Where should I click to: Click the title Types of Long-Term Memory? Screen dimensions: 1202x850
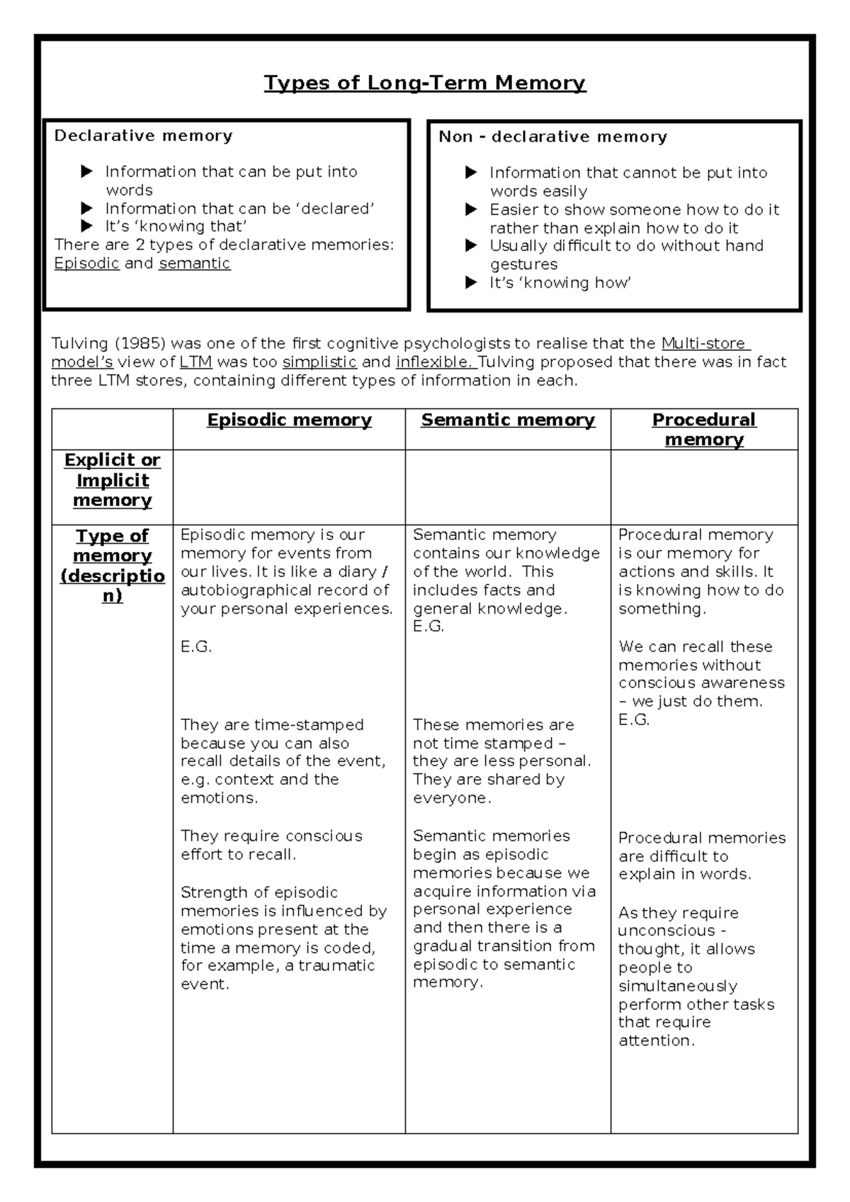(425, 83)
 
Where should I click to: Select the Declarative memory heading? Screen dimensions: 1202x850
(143, 135)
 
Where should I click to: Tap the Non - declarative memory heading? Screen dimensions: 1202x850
(552, 137)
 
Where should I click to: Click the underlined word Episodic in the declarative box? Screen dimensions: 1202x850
(86, 264)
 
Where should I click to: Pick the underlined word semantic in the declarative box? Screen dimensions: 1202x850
(195, 264)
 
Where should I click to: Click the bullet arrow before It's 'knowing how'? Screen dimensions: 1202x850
(471, 283)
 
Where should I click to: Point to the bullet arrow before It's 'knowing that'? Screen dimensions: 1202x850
(86, 226)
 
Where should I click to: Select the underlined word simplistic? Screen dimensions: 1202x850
(319, 362)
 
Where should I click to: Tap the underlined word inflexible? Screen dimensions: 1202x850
(435, 362)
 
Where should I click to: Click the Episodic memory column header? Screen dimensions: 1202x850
(289, 420)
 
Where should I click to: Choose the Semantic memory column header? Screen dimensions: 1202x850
(508, 420)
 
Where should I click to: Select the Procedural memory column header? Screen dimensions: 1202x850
(704, 429)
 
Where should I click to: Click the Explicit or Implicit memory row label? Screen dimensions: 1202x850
(113, 480)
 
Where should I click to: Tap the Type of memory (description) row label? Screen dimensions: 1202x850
(113, 565)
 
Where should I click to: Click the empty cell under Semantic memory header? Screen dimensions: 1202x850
(508, 487)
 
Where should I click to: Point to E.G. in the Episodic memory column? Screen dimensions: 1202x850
(196, 647)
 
